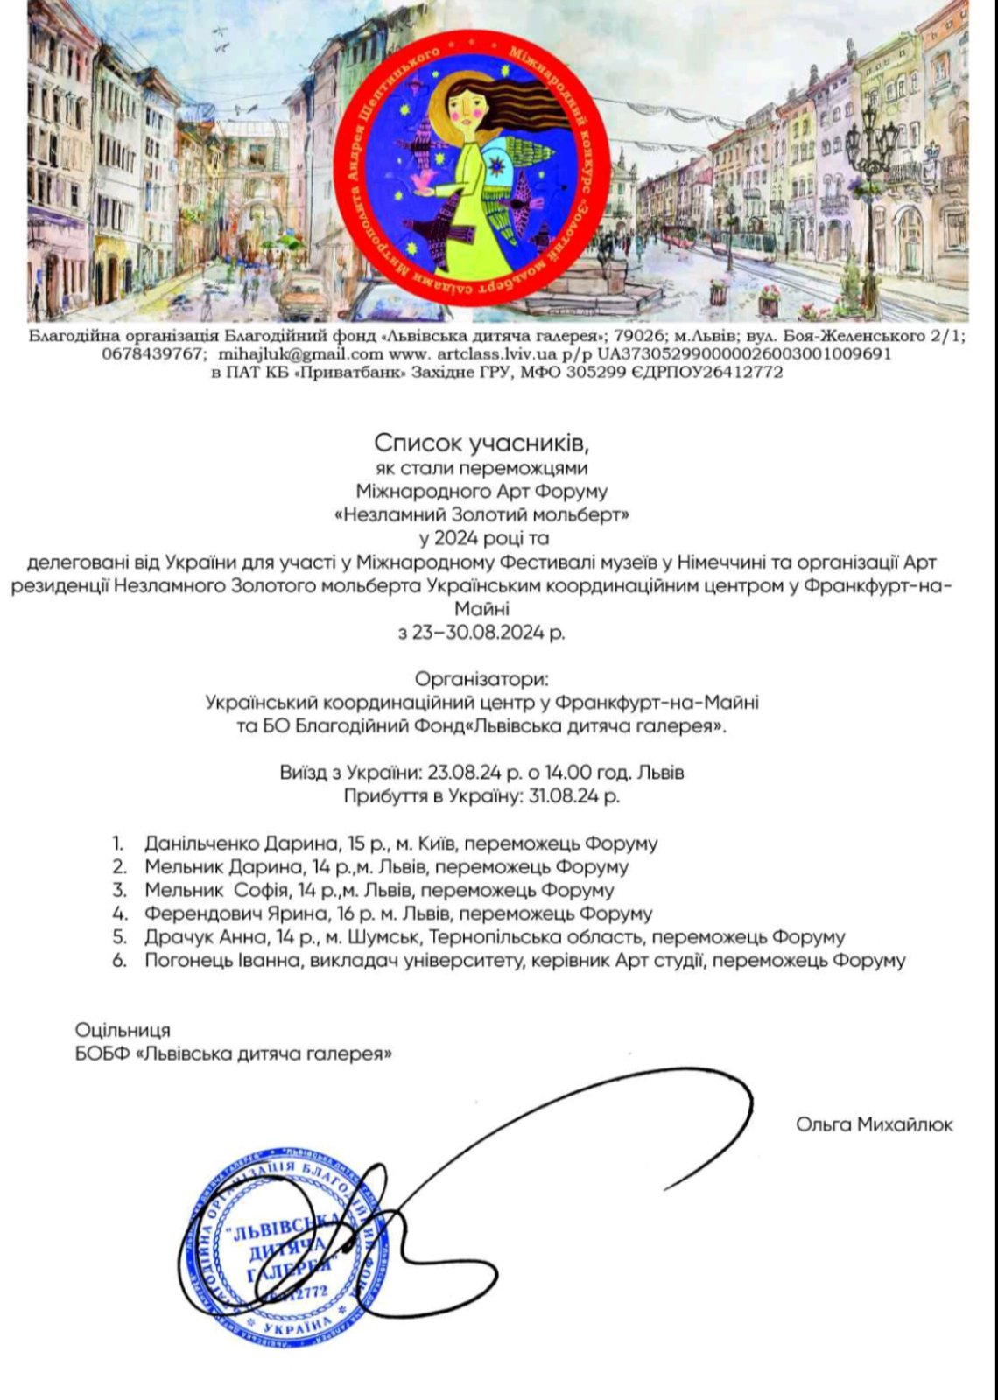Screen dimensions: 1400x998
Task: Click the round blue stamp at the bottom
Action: click(x=285, y=1242)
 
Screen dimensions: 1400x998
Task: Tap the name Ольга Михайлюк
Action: click(x=874, y=1124)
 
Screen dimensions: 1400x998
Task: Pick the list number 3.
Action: click(x=119, y=891)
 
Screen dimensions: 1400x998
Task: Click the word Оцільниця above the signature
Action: click(x=123, y=1030)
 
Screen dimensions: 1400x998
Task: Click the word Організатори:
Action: click(x=483, y=679)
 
